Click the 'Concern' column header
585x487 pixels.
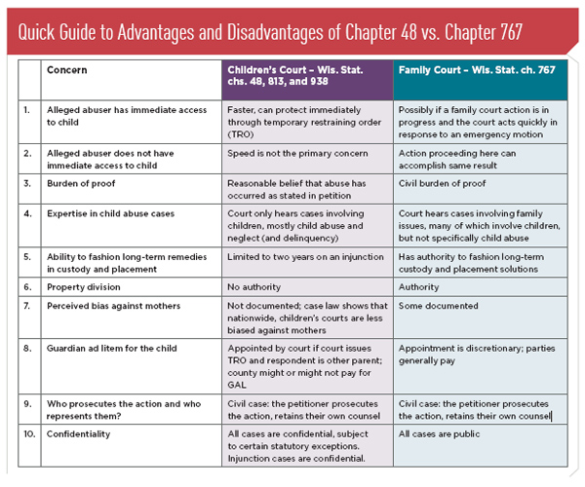pos(65,71)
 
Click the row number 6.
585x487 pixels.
pos(28,288)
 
